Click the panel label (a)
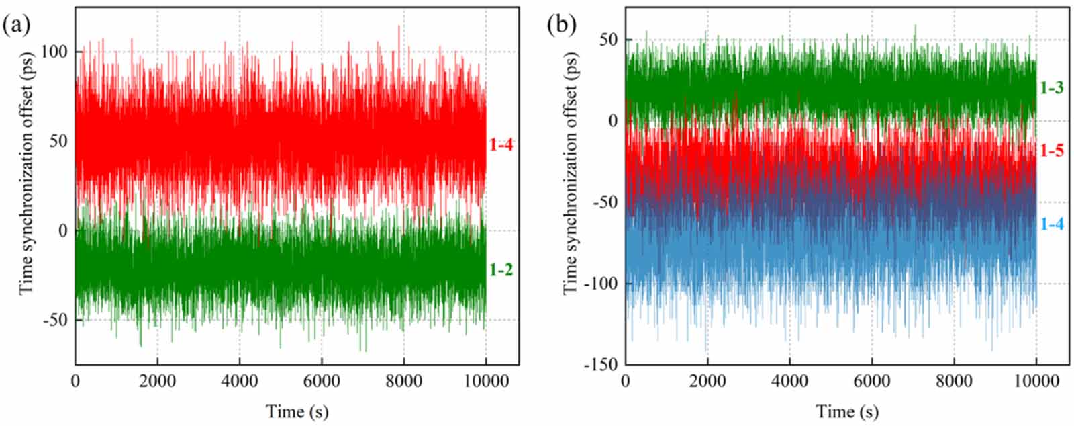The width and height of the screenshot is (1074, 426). (x=17, y=26)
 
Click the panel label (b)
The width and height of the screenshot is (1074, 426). (x=562, y=26)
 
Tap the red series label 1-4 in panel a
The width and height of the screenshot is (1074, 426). (x=501, y=144)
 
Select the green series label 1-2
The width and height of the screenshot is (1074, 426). (x=501, y=270)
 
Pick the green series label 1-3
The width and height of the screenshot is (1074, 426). (x=1051, y=87)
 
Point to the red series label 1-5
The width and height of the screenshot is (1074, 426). (x=1051, y=151)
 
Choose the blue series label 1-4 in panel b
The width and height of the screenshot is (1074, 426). (x=1051, y=224)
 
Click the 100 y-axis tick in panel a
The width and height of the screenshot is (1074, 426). (x=54, y=52)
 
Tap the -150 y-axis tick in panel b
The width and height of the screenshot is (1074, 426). (x=599, y=364)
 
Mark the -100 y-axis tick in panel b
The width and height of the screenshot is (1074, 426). (x=599, y=283)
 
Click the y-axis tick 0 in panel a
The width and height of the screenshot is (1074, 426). (x=62, y=230)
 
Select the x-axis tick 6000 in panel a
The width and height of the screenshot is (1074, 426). (x=321, y=381)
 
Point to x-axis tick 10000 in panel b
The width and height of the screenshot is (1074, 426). (x=1036, y=381)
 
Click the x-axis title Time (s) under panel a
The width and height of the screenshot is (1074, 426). (x=297, y=411)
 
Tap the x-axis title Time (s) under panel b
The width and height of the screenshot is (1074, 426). (x=847, y=411)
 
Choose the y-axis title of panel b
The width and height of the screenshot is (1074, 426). (x=570, y=172)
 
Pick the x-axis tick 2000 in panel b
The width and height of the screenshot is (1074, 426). (x=707, y=381)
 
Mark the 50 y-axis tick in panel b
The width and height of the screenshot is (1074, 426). (x=607, y=40)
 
